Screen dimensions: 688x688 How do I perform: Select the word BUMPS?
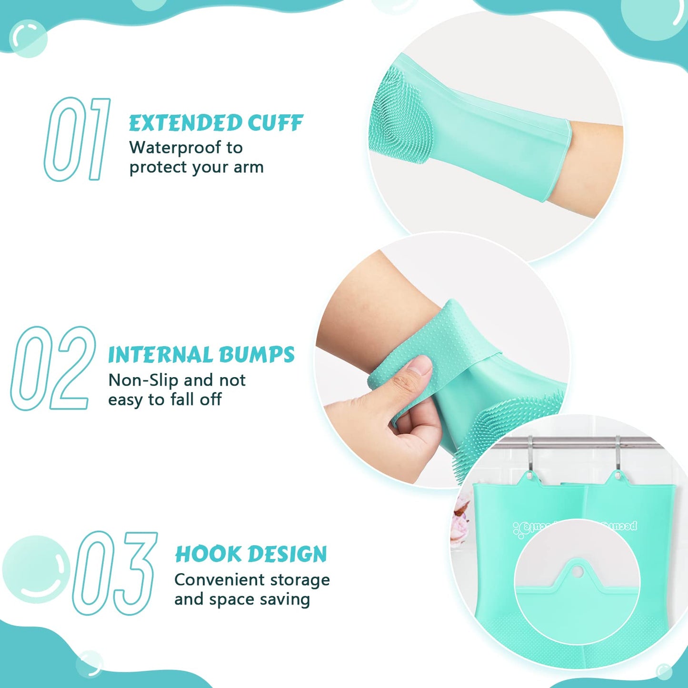click(257, 355)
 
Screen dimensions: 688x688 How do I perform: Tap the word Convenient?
click(219, 580)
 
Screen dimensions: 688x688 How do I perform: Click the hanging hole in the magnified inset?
click(577, 570)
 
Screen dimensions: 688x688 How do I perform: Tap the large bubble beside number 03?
click(36, 569)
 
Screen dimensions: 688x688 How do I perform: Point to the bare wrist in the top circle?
click(595, 167)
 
